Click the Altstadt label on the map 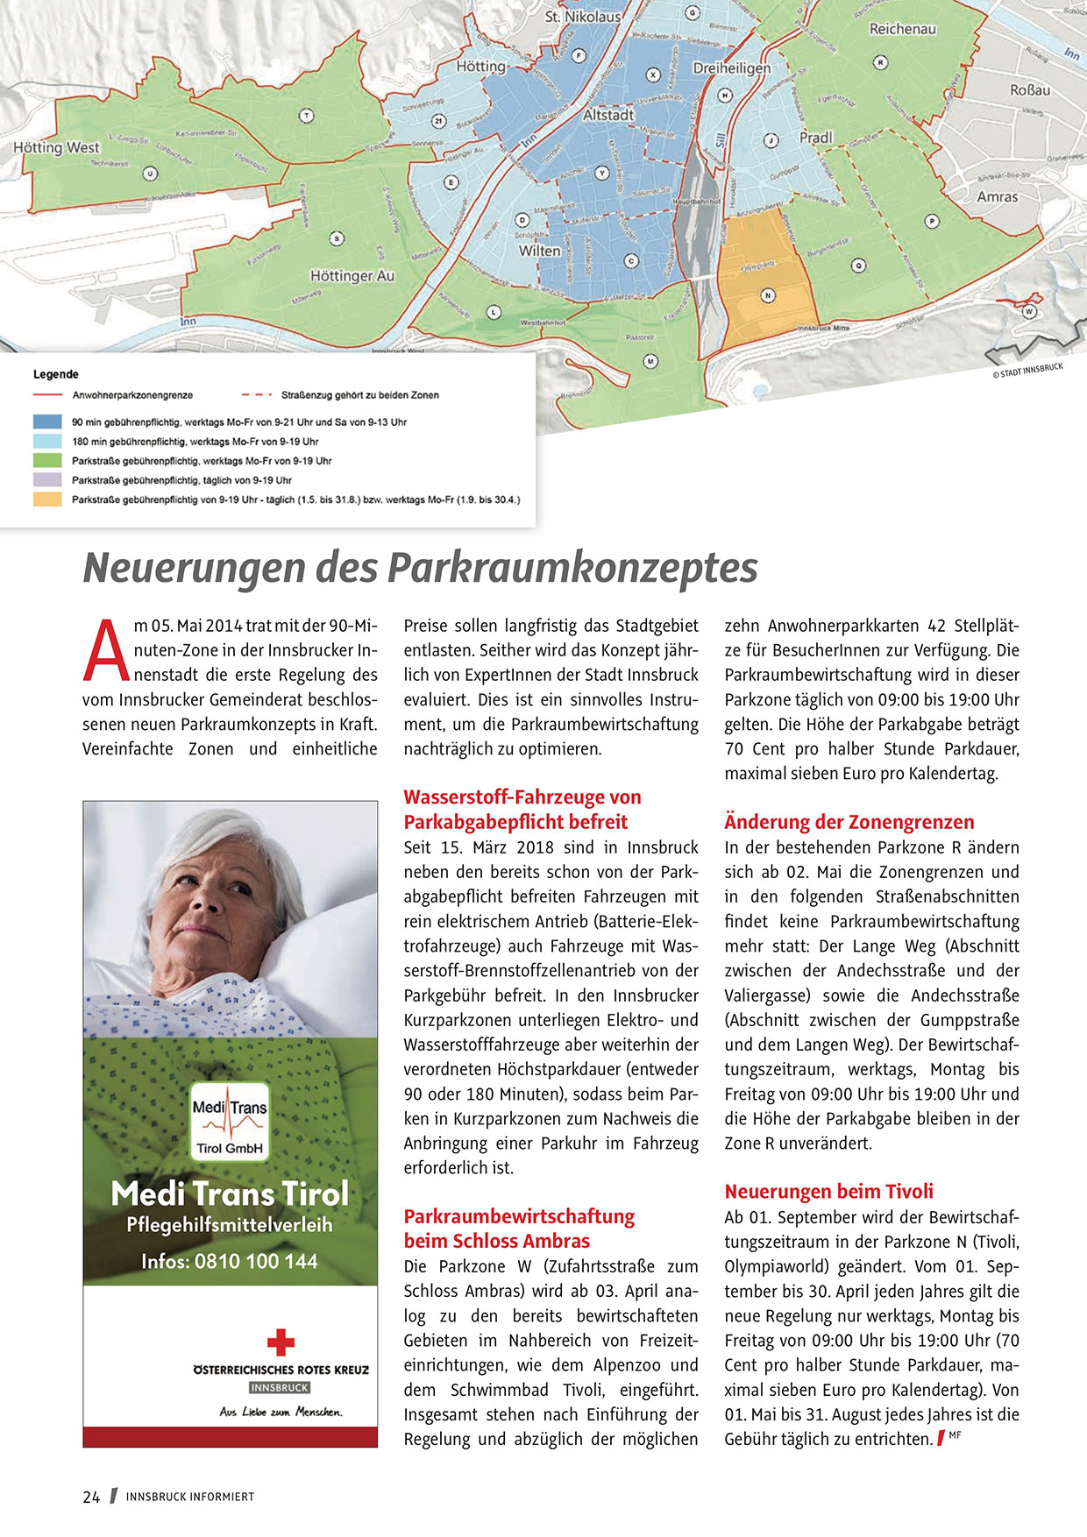point(608,115)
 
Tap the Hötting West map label point(56,148)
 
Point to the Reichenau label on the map point(902,29)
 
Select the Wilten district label point(539,251)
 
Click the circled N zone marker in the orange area point(768,295)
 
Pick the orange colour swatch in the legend point(47,499)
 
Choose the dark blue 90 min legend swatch point(47,421)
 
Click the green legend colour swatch point(47,460)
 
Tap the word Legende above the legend point(56,374)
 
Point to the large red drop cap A point(105,650)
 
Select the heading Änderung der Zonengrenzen point(849,822)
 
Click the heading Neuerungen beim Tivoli point(828,1192)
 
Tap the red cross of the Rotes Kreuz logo point(281,1342)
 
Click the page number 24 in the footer point(91,1497)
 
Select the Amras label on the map point(998,197)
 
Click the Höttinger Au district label point(352,276)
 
